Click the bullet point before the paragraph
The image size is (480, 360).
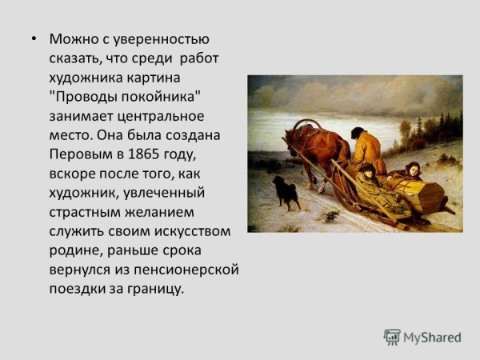[x=34, y=39]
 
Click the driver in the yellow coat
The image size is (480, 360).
[x=370, y=150]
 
